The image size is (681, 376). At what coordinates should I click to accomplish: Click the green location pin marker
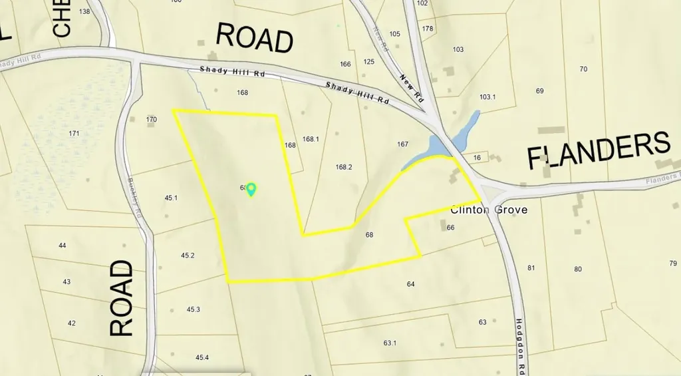click(x=251, y=190)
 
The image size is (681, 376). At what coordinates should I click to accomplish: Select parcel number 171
click(x=74, y=134)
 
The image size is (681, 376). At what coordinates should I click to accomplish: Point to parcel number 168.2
click(x=344, y=167)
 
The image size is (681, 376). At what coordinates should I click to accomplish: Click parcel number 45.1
click(x=172, y=198)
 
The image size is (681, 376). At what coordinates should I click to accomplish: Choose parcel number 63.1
click(x=390, y=343)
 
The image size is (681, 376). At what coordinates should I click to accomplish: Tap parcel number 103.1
click(x=487, y=97)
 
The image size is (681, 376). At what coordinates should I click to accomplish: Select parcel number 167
click(x=402, y=144)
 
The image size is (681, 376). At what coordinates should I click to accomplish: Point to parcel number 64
click(x=410, y=284)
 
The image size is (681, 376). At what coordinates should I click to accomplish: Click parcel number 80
click(x=578, y=270)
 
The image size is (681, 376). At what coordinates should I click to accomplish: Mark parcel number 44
click(x=63, y=246)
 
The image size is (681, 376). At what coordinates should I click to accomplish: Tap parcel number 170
click(x=152, y=120)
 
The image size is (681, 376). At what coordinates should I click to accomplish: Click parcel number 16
click(x=477, y=158)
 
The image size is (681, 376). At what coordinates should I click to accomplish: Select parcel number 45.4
click(x=202, y=358)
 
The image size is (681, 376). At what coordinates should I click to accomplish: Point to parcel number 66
click(x=450, y=228)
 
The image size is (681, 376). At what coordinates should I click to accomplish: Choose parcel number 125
click(x=369, y=63)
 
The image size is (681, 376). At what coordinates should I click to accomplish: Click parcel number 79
click(x=673, y=264)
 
